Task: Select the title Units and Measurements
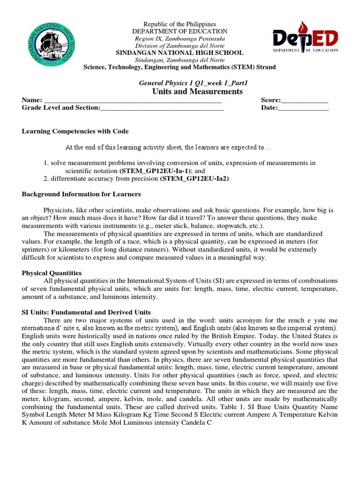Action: (x=197, y=91)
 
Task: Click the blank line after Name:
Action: (x=133, y=100)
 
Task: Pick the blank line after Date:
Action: (x=303, y=108)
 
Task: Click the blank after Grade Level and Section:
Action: (x=162, y=108)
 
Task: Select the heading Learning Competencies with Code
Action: (x=75, y=131)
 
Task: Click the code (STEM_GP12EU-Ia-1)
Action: (x=148, y=171)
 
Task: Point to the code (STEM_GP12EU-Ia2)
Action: (x=194, y=179)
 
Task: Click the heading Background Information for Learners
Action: (x=82, y=194)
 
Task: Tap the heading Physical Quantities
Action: (x=52, y=273)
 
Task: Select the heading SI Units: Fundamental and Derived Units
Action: (x=86, y=312)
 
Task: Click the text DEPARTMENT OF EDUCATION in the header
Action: (x=180, y=31)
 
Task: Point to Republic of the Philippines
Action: (x=180, y=24)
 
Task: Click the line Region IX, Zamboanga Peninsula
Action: (x=180, y=38)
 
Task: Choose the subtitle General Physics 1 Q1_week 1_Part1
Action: (x=193, y=82)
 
